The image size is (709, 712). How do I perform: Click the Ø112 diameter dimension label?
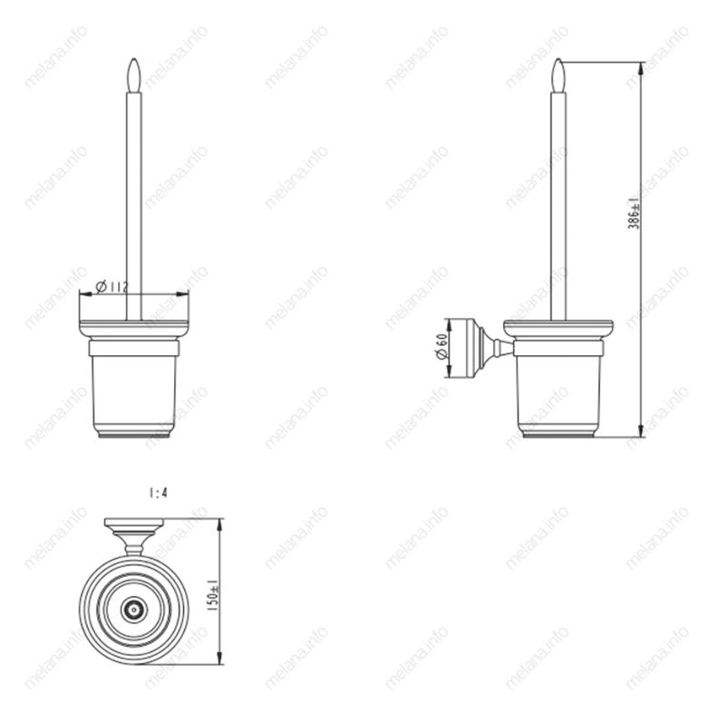(x=112, y=286)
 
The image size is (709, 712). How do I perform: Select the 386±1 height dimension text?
(x=634, y=214)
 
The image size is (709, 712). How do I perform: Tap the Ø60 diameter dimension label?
(x=442, y=346)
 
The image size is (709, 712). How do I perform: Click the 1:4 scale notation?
(x=158, y=493)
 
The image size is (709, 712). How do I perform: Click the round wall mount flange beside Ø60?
(x=467, y=349)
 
